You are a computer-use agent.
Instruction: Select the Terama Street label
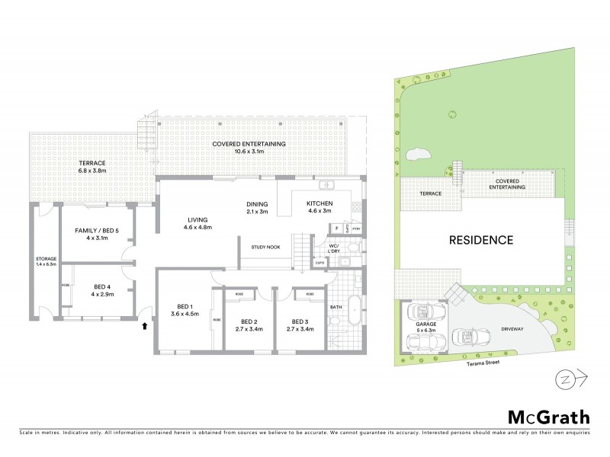point(471,364)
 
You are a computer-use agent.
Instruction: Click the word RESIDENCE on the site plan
point(480,240)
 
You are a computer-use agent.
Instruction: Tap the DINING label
point(257,203)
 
